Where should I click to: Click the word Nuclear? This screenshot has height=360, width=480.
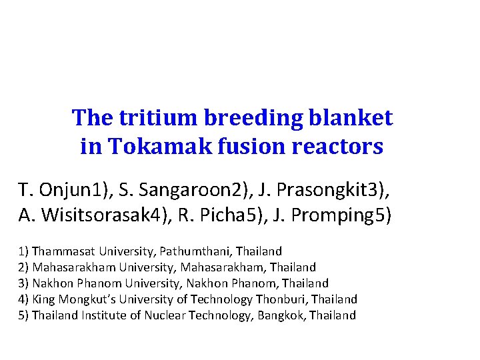coord(161,315)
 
